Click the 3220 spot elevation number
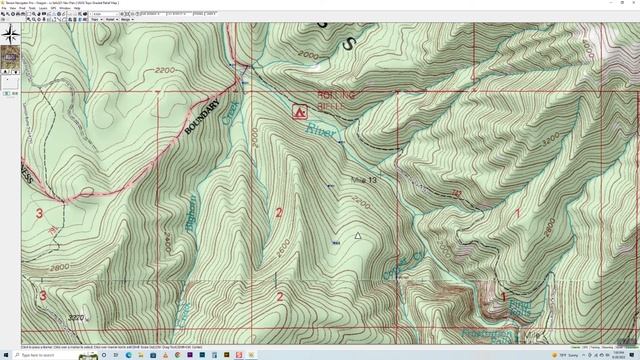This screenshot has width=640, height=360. pyautogui.click(x=75, y=317)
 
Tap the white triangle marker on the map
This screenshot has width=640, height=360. pyautogui.click(x=357, y=236)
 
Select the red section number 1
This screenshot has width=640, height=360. pyautogui.click(x=518, y=212)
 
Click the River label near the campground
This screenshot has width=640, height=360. pyautogui.click(x=321, y=130)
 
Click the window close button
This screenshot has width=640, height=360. pyautogui.click(x=633, y=3)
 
